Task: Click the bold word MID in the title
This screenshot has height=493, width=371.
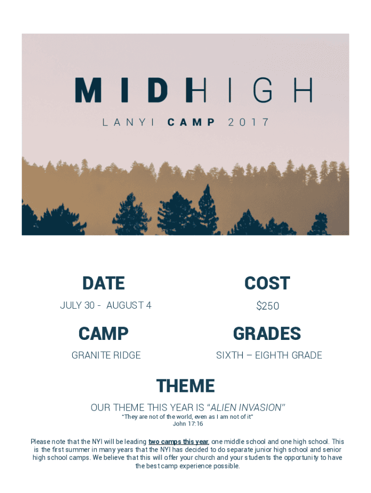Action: click(x=133, y=90)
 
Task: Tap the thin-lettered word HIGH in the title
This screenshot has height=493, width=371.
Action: click(x=252, y=90)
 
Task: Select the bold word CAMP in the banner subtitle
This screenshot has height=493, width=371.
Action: click(x=191, y=122)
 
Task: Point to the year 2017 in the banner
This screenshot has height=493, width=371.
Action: click(x=249, y=122)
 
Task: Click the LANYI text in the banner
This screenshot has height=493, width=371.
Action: click(x=128, y=122)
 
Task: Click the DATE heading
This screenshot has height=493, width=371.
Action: click(x=104, y=283)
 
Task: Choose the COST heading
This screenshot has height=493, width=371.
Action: click(x=267, y=283)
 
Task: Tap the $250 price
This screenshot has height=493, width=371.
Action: click(x=267, y=306)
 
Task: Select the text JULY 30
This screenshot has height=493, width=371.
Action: click(x=78, y=305)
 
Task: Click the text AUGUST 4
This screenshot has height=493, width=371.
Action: click(x=129, y=305)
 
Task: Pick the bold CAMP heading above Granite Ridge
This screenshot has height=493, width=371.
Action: click(x=104, y=334)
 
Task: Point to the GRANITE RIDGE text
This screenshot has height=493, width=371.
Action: click(x=106, y=355)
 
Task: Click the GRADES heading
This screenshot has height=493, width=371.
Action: click(x=267, y=334)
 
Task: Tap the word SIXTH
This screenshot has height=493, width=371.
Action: click(x=230, y=355)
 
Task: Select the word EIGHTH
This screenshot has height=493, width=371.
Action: click(x=272, y=355)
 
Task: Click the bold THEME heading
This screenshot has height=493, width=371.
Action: click(x=185, y=386)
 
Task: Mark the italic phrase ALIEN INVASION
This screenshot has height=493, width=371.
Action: click(x=246, y=407)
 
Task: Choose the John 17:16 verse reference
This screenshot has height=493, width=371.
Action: click(x=188, y=424)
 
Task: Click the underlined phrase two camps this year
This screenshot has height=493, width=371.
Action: click(x=178, y=442)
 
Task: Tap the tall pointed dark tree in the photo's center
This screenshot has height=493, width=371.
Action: click(x=207, y=209)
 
